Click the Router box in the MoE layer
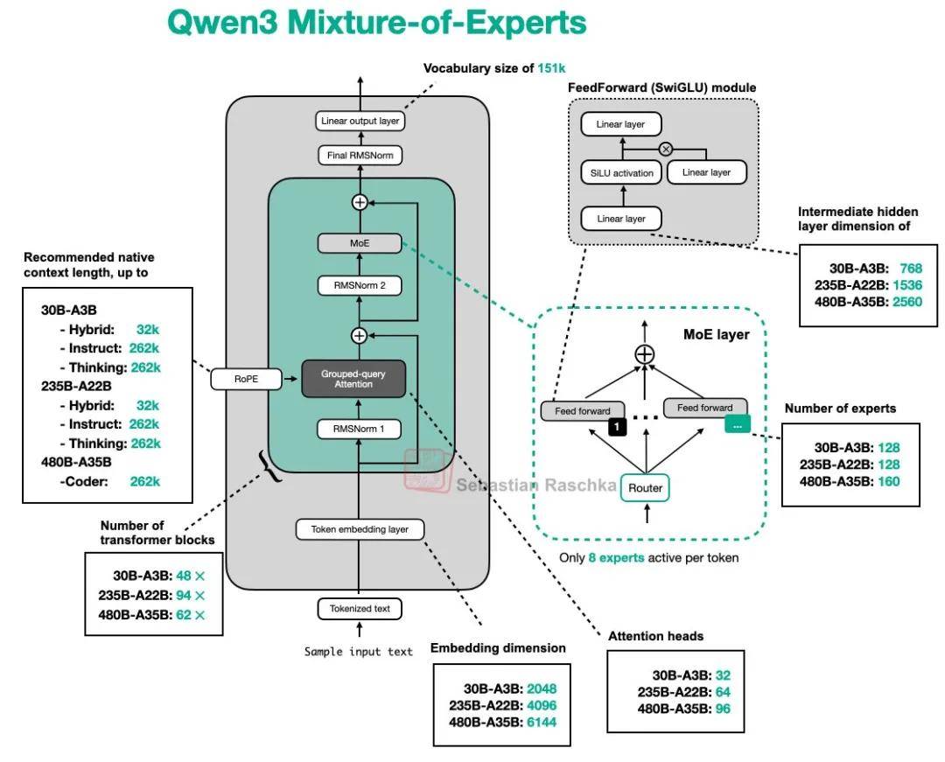click(645, 487)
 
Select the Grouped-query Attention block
click(354, 379)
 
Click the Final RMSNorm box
click(360, 156)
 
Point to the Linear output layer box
click(360, 121)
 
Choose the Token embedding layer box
click(360, 529)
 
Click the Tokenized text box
click(360, 608)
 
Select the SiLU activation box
click(621, 172)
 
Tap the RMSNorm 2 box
click(360, 284)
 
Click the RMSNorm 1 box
click(360, 429)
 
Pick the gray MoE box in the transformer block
click(360, 242)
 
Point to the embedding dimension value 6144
click(542, 722)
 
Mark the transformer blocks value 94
click(183, 595)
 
